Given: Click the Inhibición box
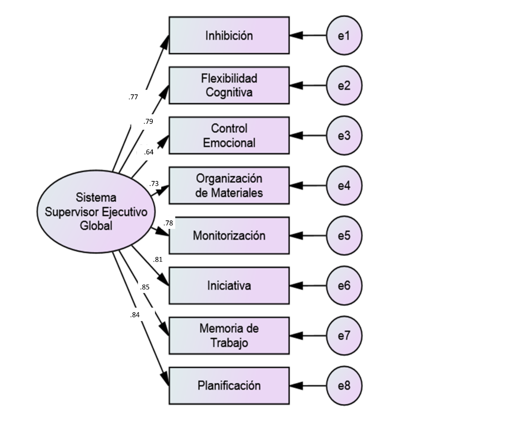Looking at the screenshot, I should pyautogui.click(x=229, y=35).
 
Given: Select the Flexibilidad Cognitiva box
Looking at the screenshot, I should pyautogui.click(x=229, y=85).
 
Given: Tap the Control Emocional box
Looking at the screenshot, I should pyautogui.click(x=229, y=135).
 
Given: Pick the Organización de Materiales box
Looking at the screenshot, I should pyautogui.click(x=229, y=185).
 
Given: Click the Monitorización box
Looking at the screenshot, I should pyautogui.click(x=229, y=236).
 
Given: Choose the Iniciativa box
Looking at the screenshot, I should pyautogui.click(x=229, y=286).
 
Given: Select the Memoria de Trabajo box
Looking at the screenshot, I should pyautogui.click(x=229, y=335).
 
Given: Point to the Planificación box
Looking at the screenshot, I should pyautogui.click(x=229, y=386).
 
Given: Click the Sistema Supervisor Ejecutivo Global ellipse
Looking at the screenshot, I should pyautogui.click(x=96, y=212).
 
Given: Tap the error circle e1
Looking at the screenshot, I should pyautogui.click(x=344, y=35).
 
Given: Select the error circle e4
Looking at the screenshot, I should pyautogui.click(x=344, y=185).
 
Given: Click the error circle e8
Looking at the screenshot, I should pyautogui.click(x=344, y=386).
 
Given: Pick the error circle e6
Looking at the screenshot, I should pyautogui.click(x=344, y=286).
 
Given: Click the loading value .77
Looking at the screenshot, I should pyautogui.click(x=133, y=97).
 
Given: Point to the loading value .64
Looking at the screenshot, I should pyautogui.click(x=148, y=152).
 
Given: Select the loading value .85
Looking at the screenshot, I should pyautogui.click(x=145, y=287).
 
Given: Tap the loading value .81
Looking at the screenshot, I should pyautogui.click(x=158, y=259).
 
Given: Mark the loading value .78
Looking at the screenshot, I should pyautogui.click(x=168, y=223).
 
